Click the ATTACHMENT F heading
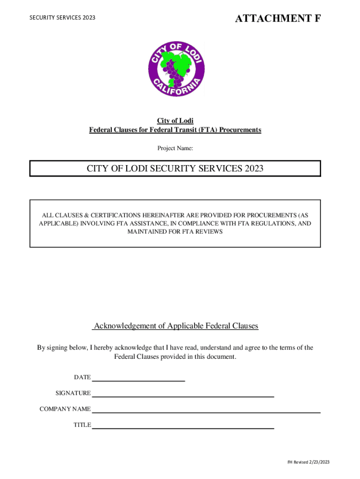coord(278,19)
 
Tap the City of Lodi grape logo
coord(176,69)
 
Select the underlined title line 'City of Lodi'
coord(175,121)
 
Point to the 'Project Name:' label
coord(175,148)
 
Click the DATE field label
coord(82,377)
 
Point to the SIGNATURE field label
coord(73,393)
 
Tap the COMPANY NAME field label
coord(65,409)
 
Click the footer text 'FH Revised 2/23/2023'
coord(308,462)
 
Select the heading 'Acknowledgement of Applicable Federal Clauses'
coord(176,326)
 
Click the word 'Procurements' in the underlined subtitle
coord(241,130)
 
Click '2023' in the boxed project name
coord(253,168)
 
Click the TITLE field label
coord(82,425)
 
